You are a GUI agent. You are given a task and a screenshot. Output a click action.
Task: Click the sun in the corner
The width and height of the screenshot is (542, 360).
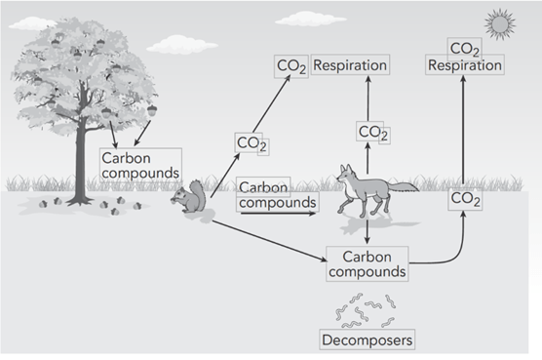click(500, 24)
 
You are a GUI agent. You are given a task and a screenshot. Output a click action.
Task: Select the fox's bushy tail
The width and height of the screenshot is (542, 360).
click(403, 186)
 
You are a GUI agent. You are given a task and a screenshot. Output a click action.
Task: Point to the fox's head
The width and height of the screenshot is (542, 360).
click(346, 175)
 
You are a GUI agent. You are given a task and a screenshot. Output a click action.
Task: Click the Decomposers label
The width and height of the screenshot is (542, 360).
click(368, 340)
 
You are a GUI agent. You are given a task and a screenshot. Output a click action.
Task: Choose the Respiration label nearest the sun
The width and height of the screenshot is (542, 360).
click(465, 65)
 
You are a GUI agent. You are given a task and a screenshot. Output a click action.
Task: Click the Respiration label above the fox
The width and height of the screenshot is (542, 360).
click(350, 64)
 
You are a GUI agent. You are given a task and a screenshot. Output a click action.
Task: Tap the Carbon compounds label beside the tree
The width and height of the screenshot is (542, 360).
click(140, 165)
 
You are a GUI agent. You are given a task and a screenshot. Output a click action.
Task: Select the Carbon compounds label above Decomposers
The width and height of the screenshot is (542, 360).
click(368, 263)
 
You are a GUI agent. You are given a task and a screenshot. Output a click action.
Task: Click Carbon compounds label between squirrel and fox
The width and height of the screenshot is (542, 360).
click(277, 195)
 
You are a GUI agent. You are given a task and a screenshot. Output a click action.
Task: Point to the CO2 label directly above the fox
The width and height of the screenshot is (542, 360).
click(373, 132)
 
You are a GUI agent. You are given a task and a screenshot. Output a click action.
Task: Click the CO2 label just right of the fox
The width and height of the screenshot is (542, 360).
click(465, 200)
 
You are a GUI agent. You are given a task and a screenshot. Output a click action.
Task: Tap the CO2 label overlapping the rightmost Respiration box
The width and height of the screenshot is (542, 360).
click(465, 49)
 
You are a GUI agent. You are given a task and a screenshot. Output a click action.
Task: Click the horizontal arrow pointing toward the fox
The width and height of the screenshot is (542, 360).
click(278, 214)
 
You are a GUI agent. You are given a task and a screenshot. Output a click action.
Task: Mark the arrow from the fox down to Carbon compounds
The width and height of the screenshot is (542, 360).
click(368, 230)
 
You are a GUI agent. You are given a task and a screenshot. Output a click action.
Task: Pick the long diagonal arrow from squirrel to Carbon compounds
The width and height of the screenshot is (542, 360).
click(269, 241)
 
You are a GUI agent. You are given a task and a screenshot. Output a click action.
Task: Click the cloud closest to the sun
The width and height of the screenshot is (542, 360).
click(310, 19)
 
